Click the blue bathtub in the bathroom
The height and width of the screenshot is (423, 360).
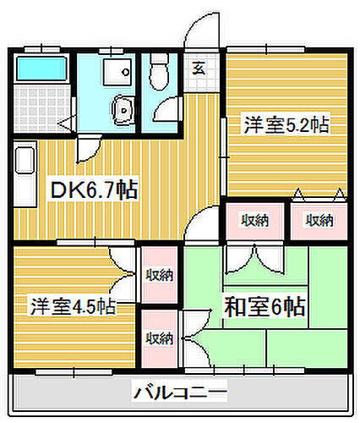tap(41, 67)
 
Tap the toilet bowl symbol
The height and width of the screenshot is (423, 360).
tap(158, 75)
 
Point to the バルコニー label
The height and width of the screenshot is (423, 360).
tap(179, 393)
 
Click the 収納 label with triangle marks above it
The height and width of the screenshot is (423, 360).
tap(318, 221)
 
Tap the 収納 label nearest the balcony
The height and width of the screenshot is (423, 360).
tap(159, 339)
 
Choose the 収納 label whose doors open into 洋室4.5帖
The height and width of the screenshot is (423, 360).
tap(158, 274)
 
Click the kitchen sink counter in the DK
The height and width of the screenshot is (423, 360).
tap(24, 169)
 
